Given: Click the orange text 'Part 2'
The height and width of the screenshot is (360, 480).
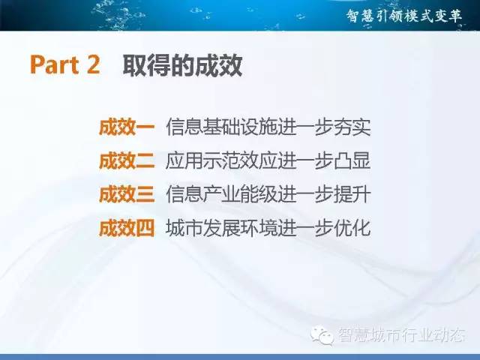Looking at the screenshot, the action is click(65, 64).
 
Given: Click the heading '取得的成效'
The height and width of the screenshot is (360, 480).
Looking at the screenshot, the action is click(182, 65).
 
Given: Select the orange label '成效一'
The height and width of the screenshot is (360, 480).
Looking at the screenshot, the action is click(127, 127).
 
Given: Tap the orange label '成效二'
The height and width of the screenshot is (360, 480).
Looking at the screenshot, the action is click(127, 160).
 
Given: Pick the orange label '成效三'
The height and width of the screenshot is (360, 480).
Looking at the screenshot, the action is click(127, 194).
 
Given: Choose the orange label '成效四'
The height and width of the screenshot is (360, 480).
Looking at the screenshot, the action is click(127, 228).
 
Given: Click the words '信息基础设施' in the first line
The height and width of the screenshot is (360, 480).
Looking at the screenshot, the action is click(221, 127).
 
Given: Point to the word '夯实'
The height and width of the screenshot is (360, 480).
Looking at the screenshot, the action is click(352, 127).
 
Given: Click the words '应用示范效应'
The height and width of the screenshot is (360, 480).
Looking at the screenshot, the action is click(221, 160).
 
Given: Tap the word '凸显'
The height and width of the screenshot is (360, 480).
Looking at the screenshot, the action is click(352, 160).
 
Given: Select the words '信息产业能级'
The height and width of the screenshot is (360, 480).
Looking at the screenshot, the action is click(221, 194).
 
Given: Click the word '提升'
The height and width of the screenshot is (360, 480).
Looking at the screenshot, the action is click(352, 194).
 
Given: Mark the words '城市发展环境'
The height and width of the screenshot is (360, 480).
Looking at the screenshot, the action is click(221, 228).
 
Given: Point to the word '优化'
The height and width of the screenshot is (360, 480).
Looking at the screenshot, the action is click(352, 228).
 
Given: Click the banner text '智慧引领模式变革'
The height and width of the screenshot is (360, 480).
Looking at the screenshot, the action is click(404, 16).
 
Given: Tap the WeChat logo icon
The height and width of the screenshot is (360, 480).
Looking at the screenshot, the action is click(322, 335).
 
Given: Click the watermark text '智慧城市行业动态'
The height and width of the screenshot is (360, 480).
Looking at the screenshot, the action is click(402, 335).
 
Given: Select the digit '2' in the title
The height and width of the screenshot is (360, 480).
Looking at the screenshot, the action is click(93, 64).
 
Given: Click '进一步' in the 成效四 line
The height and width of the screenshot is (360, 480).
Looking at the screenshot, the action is click(305, 228).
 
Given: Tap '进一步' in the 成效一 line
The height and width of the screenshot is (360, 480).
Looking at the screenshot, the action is click(305, 127).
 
